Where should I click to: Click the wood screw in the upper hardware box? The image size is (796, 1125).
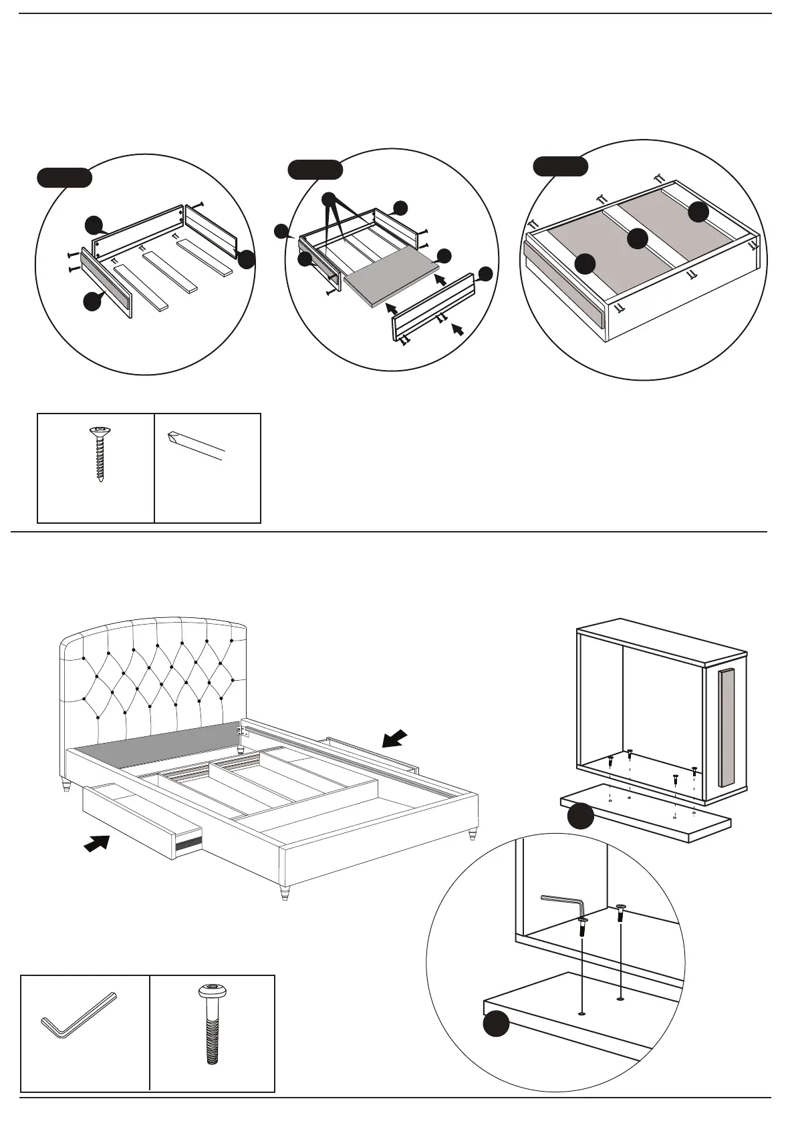click(100, 454)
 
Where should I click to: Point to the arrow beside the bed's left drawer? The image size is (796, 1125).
click(97, 844)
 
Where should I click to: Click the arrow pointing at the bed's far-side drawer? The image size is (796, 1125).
click(395, 738)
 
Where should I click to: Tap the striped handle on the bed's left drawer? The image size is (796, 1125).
click(188, 844)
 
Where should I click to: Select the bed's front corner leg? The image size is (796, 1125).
click(286, 893)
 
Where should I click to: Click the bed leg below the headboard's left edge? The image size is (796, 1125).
click(66, 784)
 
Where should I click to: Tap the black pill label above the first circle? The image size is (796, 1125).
click(63, 177)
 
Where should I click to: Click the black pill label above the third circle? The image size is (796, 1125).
click(561, 166)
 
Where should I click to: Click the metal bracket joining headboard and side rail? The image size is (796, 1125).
click(242, 730)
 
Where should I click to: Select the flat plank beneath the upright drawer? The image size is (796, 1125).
click(645, 812)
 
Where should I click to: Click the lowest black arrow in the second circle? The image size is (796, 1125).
click(458, 329)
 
